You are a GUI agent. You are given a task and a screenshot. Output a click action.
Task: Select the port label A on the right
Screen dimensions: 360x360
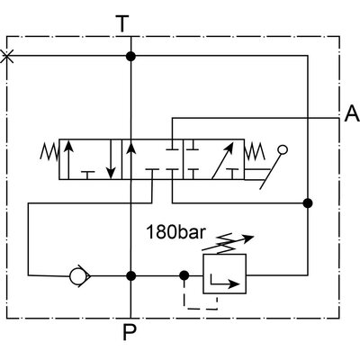[x=350, y=114]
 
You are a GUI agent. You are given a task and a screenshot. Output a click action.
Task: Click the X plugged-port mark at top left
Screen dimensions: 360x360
[x=8, y=57]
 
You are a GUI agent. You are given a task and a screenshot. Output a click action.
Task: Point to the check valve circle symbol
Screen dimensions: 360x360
[x=77, y=275]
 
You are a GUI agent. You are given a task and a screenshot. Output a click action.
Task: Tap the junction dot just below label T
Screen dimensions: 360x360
[x=131, y=57]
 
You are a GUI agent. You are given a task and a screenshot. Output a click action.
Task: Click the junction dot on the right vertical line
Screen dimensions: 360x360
[x=309, y=202]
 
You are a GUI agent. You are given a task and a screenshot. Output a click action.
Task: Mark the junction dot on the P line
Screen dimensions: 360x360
[x=131, y=275]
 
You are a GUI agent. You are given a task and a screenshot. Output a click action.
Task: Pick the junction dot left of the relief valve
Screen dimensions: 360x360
[x=184, y=275]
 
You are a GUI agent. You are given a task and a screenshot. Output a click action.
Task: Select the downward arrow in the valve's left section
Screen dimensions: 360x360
[x=110, y=160]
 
